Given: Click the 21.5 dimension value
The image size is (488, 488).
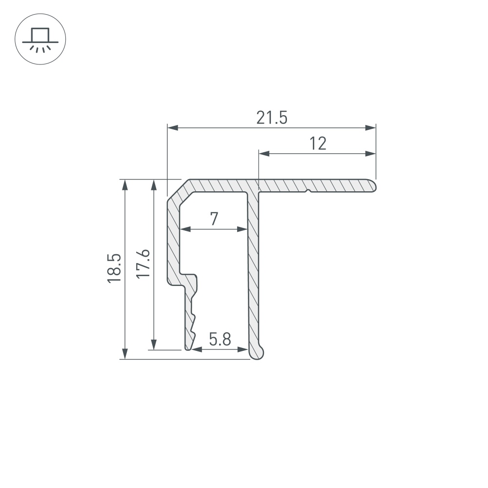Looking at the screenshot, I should [x=272, y=118].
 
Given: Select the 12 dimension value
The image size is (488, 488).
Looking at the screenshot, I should [x=317, y=143].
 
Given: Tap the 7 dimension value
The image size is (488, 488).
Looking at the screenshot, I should [x=214, y=219].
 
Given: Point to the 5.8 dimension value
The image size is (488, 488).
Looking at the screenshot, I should [x=220, y=339].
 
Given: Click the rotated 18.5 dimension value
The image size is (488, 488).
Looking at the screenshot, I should [x=114, y=268].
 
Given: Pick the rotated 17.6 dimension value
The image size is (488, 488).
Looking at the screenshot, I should [x=142, y=264].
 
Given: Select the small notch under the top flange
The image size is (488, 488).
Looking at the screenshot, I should [x=307, y=191].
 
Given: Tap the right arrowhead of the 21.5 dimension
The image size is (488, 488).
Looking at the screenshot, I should [x=371, y=128].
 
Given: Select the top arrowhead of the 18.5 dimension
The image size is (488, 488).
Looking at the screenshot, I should [x=125, y=184].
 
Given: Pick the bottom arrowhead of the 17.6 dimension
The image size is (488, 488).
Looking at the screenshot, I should [x=154, y=345].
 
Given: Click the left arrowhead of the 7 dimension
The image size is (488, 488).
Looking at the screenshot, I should [x=184, y=228].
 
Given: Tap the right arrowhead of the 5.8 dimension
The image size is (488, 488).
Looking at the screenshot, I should [x=244, y=349].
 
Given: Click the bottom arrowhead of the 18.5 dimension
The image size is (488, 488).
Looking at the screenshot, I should [x=125, y=354].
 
